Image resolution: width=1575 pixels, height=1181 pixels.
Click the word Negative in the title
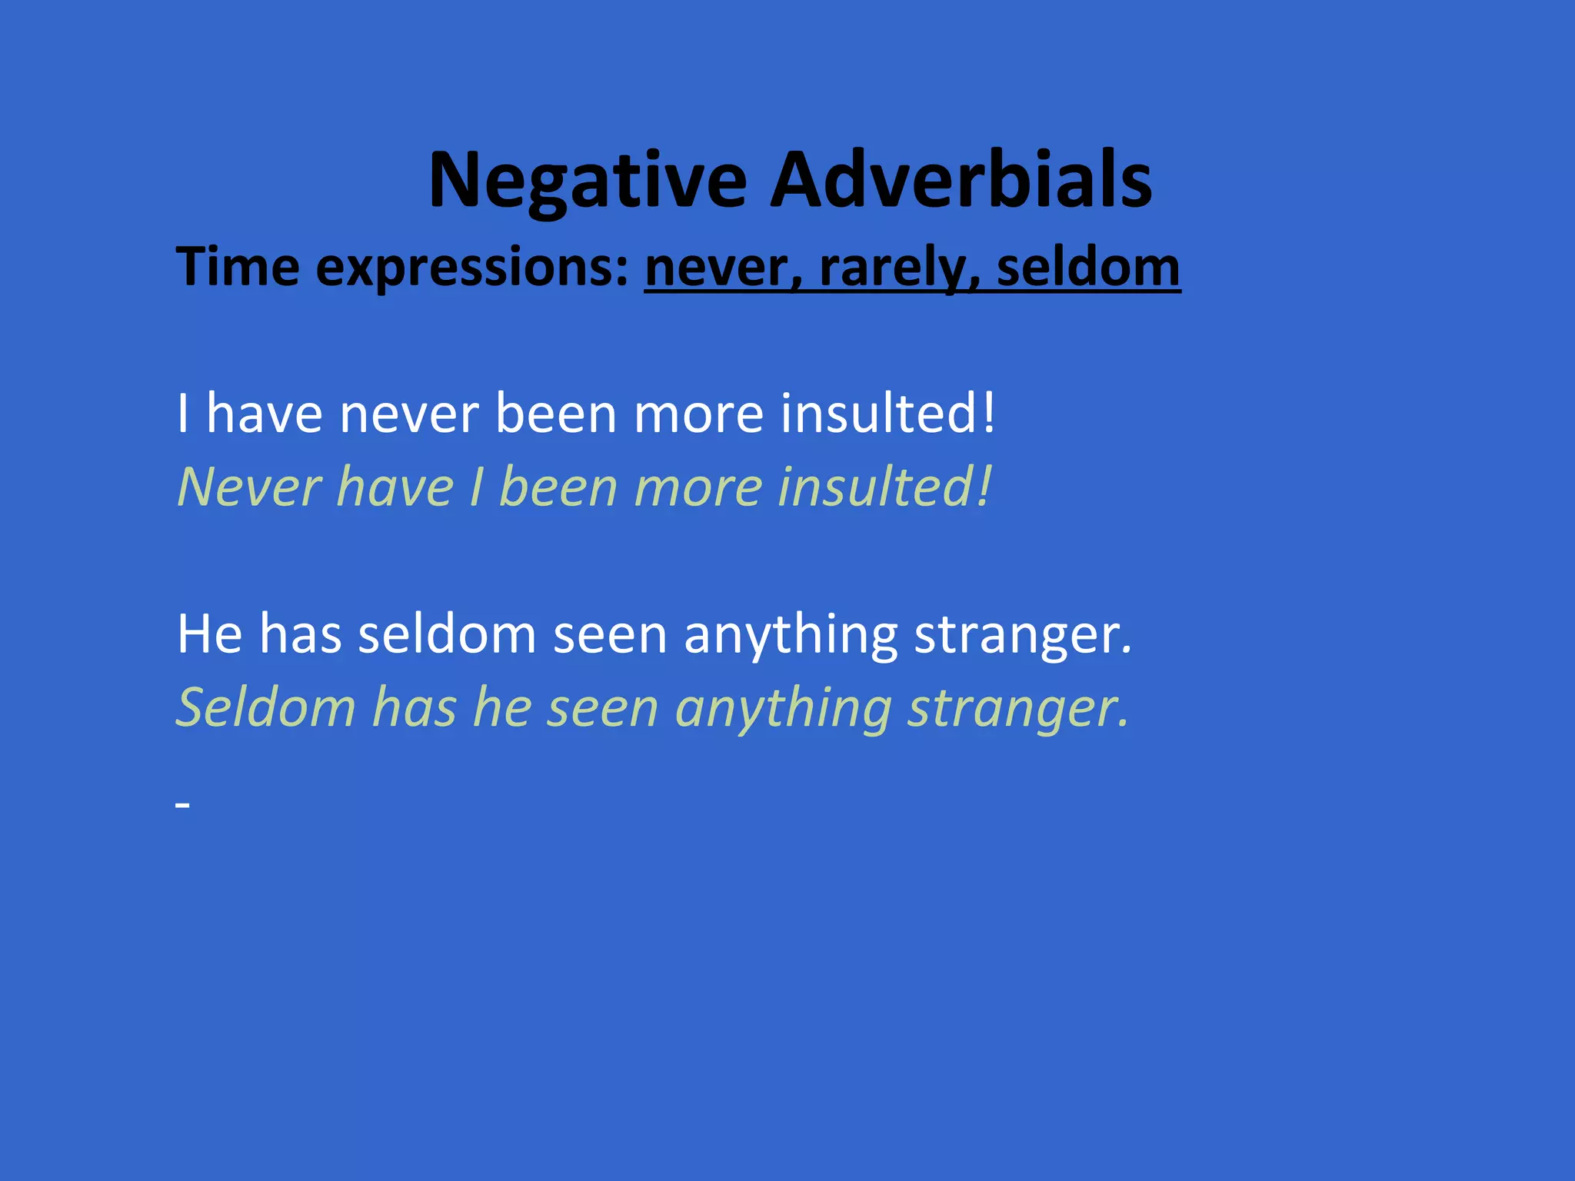(x=588, y=181)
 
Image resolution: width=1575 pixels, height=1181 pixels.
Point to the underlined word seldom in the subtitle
(x=1087, y=267)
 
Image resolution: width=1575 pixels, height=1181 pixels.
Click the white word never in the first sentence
(x=409, y=414)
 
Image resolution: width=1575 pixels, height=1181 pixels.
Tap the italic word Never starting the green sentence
(x=249, y=487)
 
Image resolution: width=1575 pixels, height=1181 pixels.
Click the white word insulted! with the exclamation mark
(x=888, y=413)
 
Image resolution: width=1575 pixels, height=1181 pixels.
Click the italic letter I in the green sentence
(x=478, y=487)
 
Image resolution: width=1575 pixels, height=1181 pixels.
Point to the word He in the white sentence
(x=209, y=634)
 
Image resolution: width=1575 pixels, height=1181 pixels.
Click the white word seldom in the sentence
(x=447, y=634)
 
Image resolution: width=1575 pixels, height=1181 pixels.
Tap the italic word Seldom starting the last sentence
(x=265, y=707)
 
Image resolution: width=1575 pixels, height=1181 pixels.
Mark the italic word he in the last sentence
(x=502, y=707)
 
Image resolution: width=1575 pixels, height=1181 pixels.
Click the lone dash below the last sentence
(x=182, y=805)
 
